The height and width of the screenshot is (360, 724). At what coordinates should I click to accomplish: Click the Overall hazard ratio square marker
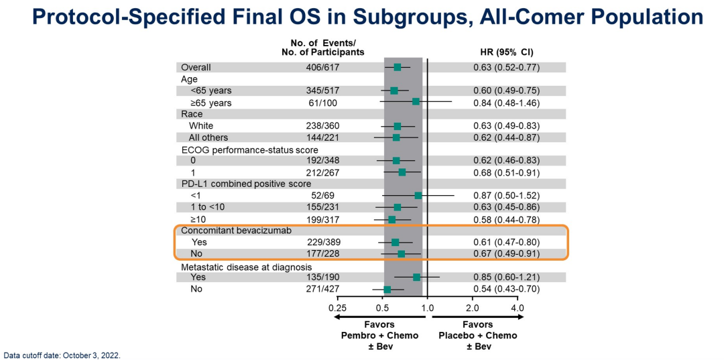point(398,67)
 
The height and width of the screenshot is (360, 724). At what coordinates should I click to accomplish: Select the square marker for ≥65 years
point(416,102)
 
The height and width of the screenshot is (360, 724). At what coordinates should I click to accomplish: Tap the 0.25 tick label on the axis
point(337,308)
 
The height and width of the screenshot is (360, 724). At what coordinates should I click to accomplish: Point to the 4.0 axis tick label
point(518,308)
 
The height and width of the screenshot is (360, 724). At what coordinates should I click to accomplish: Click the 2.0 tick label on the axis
point(472,308)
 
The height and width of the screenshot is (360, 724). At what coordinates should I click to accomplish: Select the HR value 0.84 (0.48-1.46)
point(507,103)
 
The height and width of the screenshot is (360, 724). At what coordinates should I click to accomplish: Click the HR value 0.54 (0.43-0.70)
point(507,289)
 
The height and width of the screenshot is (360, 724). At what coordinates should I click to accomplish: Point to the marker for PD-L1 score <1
point(418,196)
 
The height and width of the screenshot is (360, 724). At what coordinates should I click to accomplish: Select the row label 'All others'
point(208,137)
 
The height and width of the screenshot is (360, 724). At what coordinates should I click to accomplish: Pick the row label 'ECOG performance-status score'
point(249,149)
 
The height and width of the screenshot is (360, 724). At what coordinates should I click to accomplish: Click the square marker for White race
point(398,126)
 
